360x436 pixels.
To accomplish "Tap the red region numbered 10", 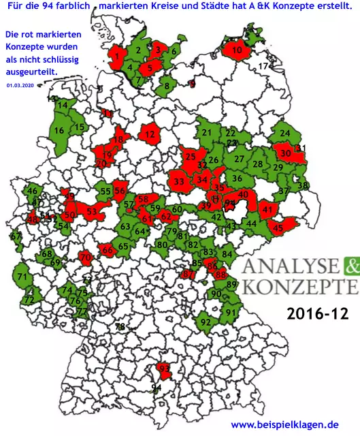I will [238, 50].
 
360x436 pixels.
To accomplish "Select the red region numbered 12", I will [149, 136].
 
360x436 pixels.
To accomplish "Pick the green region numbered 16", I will [59, 130].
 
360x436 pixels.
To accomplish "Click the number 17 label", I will [263, 66].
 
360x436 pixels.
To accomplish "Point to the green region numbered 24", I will [285, 133].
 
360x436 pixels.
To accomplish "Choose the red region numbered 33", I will [179, 182].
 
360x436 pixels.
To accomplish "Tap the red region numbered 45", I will [278, 228].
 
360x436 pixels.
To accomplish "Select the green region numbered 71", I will [22, 277].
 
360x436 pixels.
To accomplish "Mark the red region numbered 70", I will [85, 258].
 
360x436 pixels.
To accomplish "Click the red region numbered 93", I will [163, 369].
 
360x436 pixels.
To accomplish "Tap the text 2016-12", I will [318, 314].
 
